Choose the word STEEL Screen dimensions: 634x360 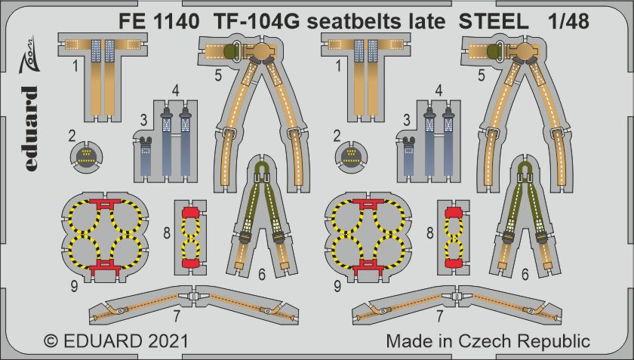click(494, 22)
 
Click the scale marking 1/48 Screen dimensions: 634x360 click(568, 22)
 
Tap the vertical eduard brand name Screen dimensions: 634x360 click(30, 128)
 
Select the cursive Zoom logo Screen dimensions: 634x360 click(30, 54)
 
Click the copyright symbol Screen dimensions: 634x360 click(51, 342)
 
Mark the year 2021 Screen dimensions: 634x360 click(168, 342)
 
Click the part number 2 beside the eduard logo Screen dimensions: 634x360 click(72, 137)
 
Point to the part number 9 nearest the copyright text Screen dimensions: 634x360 click(74, 286)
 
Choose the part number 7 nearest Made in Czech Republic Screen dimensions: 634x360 click(439, 316)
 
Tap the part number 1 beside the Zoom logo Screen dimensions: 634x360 click(75, 66)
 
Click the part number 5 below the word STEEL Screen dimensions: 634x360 click(482, 75)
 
